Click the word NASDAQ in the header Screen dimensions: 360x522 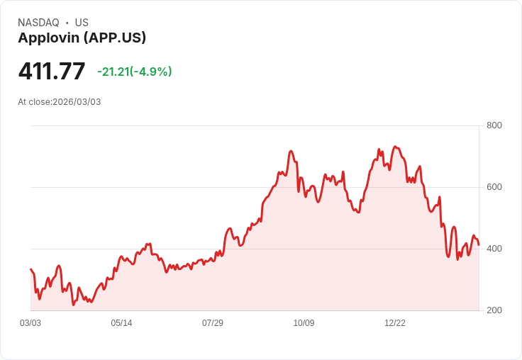pyautogui.click(x=38, y=23)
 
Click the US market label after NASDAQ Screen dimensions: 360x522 pyautogui.click(x=82, y=23)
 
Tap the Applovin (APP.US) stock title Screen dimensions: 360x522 pyautogui.click(x=82, y=38)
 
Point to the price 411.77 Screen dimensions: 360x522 pyautogui.click(x=52, y=72)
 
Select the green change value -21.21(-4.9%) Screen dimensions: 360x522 pyautogui.click(x=135, y=72)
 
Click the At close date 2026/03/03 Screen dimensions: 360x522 pyautogui.click(x=77, y=102)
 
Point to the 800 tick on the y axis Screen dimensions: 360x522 pyautogui.click(x=494, y=125)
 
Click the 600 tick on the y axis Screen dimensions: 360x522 pyautogui.click(x=494, y=187)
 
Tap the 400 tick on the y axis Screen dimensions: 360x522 pyautogui.click(x=494, y=249)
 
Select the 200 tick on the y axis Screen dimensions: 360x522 pyautogui.click(x=494, y=310)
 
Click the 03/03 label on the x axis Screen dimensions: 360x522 pyautogui.click(x=30, y=323)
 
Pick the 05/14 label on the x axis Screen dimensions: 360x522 pyautogui.click(x=121, y=323)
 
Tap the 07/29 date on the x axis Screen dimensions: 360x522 pyautogui.click(x=213, y=323)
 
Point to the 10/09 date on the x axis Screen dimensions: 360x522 pyautogui.click(x=304, y=323)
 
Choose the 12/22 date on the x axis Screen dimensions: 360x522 pyautogui.click(x=395, y=323)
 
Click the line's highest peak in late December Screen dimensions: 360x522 pyautogui.click(x=395, y=147)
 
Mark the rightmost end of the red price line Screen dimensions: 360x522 pyautogui.click(x=479, y=245)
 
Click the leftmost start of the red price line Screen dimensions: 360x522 pyautogui.click(x=30, y=269)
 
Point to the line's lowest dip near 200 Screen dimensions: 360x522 pyautogui.click(x=73, y=305)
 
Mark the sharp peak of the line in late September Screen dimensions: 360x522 pyautogui.click(x=291, y=151)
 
